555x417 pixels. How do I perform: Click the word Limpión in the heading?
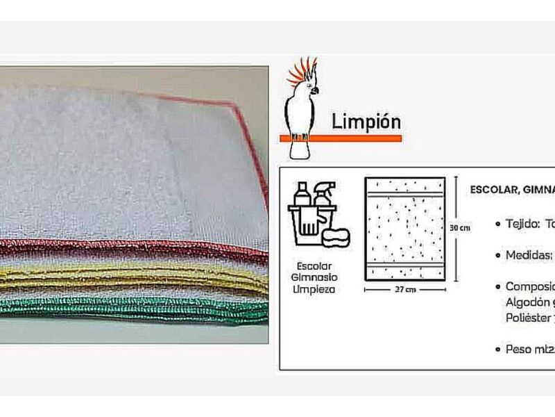[x=366, y=122]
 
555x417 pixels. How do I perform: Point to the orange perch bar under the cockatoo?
[x=340, y=138]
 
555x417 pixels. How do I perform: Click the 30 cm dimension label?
[x=461, y=227]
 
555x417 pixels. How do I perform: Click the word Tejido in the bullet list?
[x=522, y=224]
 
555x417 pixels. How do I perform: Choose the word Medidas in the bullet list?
[x=529, y=255]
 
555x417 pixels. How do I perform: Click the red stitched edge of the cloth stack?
[x=139, y=249]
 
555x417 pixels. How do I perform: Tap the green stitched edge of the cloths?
[x=139, y=307]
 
